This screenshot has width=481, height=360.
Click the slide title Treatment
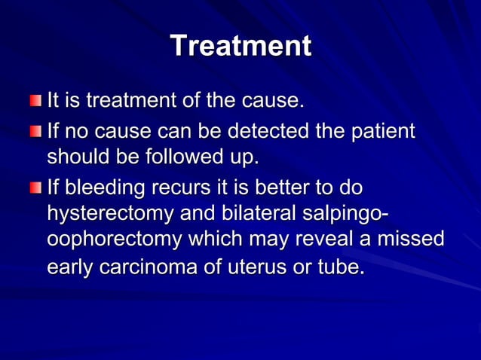coord(240,46)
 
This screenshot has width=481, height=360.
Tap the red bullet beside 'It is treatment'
coord(36,101)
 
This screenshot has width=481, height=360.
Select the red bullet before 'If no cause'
coord(36,133)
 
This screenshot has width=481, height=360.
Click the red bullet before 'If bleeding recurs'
coord(36,187)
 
